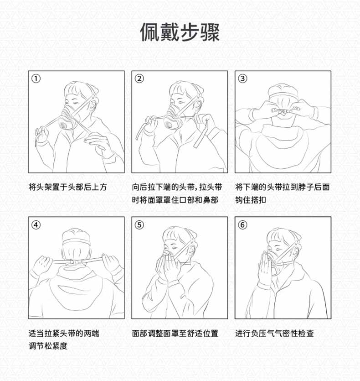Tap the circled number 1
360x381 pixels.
coord(36,78)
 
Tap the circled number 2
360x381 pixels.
coord(139,78)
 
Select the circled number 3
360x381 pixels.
coord(242,78)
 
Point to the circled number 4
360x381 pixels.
coord(36,224)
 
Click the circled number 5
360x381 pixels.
coord(139,224)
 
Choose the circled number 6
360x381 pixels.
coord(242,224)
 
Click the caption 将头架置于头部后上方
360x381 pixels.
coord(67,187)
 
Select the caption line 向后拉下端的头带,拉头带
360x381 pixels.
coord(177,187)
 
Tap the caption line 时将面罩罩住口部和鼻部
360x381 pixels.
coord(175,200)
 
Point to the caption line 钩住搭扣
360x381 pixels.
coord(251,200)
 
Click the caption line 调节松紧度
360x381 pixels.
coord(48,346)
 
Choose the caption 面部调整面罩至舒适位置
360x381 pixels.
coord(175,333)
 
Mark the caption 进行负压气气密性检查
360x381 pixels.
coord(274,333)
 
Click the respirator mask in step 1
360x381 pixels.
coord(69,119)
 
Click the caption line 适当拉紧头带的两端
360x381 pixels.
coord(63,333)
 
